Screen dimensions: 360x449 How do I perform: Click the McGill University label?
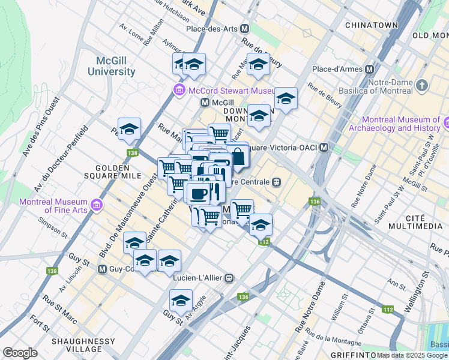pos(116,66)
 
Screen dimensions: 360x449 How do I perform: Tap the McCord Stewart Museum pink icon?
pos(179,91)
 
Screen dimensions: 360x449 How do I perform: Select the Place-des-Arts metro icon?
pos(245,28)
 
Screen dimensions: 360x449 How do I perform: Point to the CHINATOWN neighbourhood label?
pos(372,25)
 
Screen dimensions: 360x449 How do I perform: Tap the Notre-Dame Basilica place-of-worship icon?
pos(423,86)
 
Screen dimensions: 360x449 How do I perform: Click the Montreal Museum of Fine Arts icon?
pos(96,206)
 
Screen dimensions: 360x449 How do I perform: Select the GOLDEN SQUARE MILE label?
pos(117,172)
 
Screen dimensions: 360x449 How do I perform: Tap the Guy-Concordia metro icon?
pos(102,269)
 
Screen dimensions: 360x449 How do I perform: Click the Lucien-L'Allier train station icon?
pos(229,278)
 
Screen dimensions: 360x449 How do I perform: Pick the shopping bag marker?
pos(238,157)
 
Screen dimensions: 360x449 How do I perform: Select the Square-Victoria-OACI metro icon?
pos(324,147)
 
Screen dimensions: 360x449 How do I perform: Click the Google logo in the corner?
pos(20,353)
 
